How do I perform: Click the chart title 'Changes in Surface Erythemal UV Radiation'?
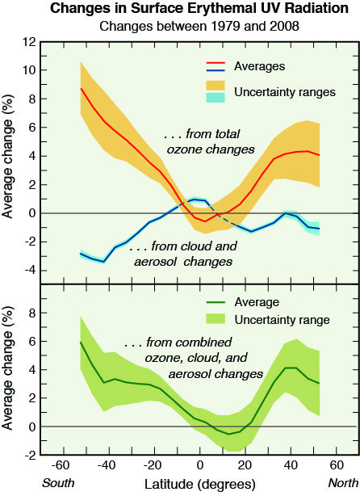(199, 9)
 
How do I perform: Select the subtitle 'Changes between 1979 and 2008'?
(199, 26)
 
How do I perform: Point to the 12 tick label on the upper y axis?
(29, 42)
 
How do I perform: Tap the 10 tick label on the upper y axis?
(29, 70)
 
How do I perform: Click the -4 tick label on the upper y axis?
(31, 271)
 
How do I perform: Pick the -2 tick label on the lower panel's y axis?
(31, 455)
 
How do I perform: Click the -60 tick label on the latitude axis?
(61, 465)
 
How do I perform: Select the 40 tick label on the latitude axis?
(291, 465)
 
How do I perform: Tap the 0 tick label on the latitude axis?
(199, 465)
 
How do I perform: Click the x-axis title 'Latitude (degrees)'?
(199, 484)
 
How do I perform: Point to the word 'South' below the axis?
(58, 483)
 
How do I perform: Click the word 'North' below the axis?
(343, 483)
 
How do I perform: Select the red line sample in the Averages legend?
(216, 63)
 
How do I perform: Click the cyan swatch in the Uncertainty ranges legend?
(216, 98)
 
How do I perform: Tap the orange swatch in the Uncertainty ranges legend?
(216, 86)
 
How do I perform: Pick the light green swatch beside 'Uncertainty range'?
(216, 319)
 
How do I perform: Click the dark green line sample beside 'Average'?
(216, 302)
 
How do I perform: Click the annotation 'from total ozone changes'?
(209, 141)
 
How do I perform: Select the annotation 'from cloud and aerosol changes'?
(183, 254)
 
